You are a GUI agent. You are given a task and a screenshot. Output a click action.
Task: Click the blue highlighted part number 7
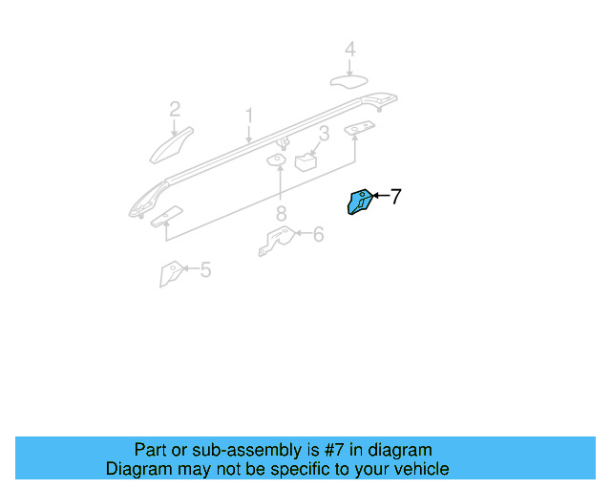coord(360,202)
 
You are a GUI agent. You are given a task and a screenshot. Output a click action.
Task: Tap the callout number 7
coord(395,197)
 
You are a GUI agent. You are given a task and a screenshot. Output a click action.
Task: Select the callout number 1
coord(248,117)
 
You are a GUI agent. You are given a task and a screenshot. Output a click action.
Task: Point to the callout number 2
coord(175,109)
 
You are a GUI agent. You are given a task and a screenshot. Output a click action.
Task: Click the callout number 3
coord(325,134)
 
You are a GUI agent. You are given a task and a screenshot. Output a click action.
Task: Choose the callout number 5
coord(204,270)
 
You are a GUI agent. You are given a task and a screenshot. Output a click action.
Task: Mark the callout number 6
coord(317,232)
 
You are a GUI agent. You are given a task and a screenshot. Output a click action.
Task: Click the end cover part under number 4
coord(349,80)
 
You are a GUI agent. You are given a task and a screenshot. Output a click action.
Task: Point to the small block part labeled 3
coord(307,160)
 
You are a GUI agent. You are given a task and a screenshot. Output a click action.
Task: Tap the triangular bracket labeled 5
coord(169,274)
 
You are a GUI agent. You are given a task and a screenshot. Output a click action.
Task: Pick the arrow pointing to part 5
coord(189,270)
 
